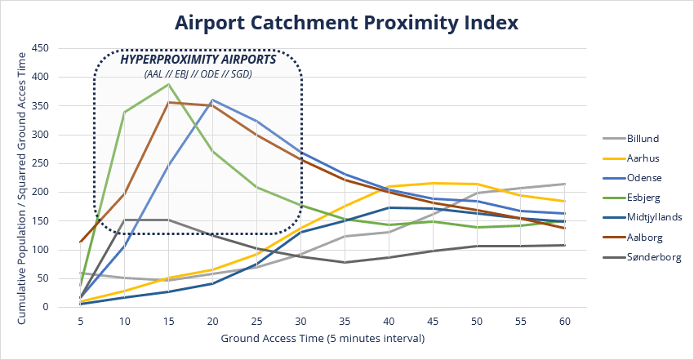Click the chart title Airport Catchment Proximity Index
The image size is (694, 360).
point(347,22)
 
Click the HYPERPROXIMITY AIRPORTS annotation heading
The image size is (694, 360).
point(198,60)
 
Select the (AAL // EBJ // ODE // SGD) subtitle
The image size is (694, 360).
point(198,74)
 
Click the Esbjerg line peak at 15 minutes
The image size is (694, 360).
point(168,84)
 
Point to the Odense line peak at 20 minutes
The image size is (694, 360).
point(212,100)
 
